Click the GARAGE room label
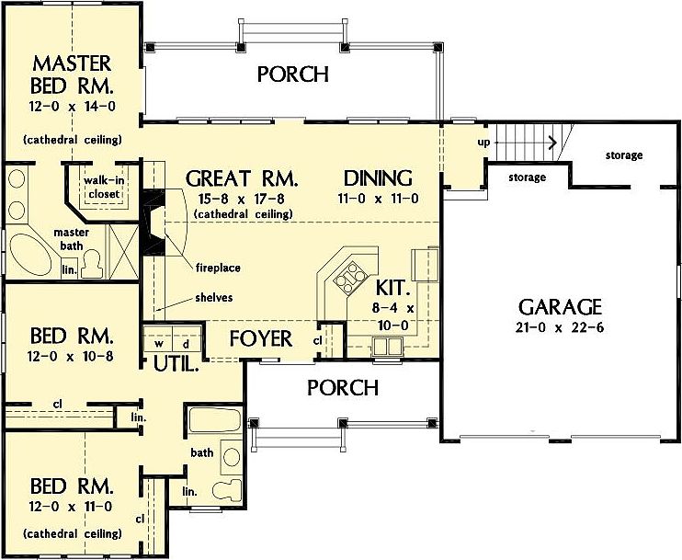[560, 307]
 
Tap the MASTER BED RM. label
[72, 74]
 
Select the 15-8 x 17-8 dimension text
[242, 199]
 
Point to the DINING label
[378, 178]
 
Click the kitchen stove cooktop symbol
[349, 278]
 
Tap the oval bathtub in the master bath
[30, 255]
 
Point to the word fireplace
[218, 268]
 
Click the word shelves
[214, 298]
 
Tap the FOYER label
[261, 339]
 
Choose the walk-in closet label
[104, 187]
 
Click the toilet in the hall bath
[227, 489]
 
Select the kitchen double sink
[388, 347]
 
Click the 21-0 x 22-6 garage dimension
[560, 327]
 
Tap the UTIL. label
[176, 364]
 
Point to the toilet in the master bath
[92, 264]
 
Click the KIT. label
[392, 288]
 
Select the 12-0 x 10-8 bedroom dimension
[71, 357]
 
